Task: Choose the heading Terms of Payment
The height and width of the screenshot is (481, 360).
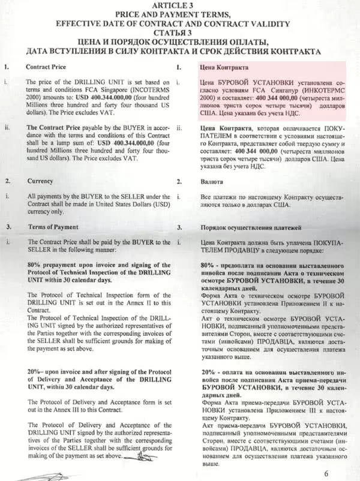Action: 53,227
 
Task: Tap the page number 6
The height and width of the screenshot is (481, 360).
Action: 343,473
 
